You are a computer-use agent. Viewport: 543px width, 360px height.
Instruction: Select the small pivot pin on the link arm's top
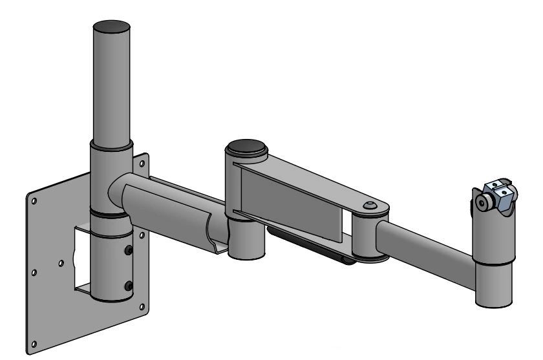tap(369, 205)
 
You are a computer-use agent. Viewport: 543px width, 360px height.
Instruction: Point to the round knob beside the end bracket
tap(482, 203)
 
